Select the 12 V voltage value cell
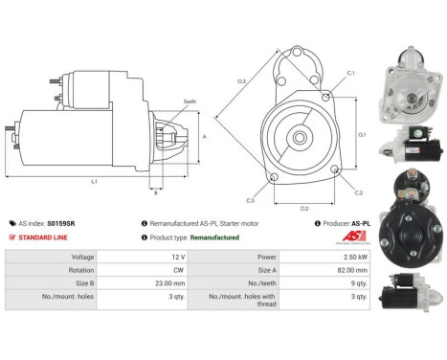coord(151,257)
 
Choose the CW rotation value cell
coord(151,270)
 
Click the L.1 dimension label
coord(93,181)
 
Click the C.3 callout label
coord(250,200)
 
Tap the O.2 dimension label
coord(304,206)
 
